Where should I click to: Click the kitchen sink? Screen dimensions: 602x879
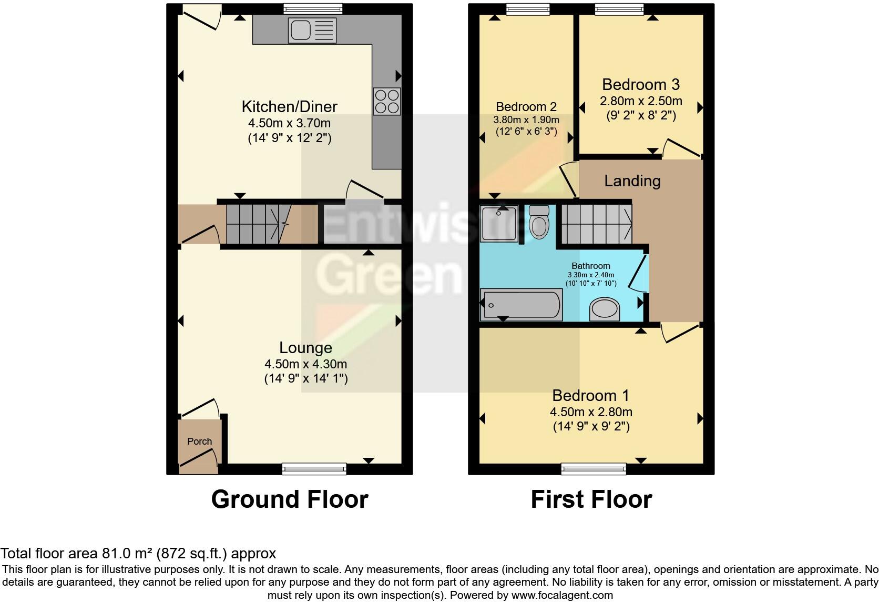[x=311, y=30]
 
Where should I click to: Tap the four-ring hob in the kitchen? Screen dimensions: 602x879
[x=386, y=101]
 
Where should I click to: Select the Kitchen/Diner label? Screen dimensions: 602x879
[x=289, y=107]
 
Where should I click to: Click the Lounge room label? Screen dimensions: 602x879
[x=305, y=348]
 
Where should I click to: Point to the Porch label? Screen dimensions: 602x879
[x=200, y=442]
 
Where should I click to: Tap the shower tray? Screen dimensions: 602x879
[x=499, y=223]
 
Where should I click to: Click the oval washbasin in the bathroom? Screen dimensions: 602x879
[x=605, y=309]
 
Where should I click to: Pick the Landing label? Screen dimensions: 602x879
[x=632, y=181]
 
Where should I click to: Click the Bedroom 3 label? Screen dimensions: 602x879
[x=640, y=85]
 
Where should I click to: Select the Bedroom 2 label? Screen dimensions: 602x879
[x=526, y=107]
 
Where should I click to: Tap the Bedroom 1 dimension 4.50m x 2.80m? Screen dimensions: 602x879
[x=591, y=412]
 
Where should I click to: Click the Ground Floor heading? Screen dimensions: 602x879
[x=290, y=499]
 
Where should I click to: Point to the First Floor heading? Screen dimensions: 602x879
[x=591, y=499]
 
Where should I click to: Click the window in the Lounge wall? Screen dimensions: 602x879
[x=314, y=468]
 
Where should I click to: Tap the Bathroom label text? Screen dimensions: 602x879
[x=591, y=266]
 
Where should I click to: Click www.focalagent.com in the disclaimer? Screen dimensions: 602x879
[x=562, y=596]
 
